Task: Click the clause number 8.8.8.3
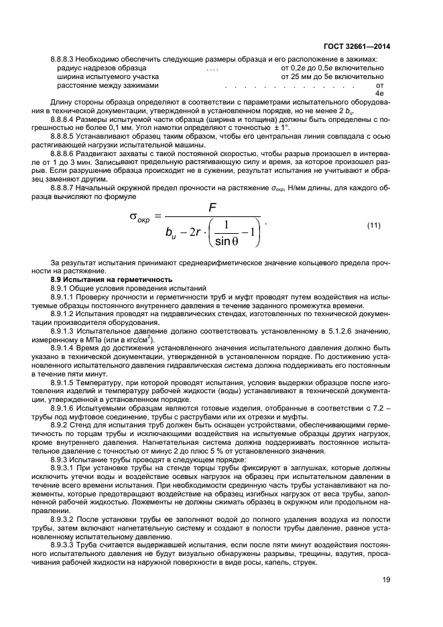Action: [64, 59]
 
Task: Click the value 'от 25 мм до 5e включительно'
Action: [330, 77]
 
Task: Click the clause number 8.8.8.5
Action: [64, 136]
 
